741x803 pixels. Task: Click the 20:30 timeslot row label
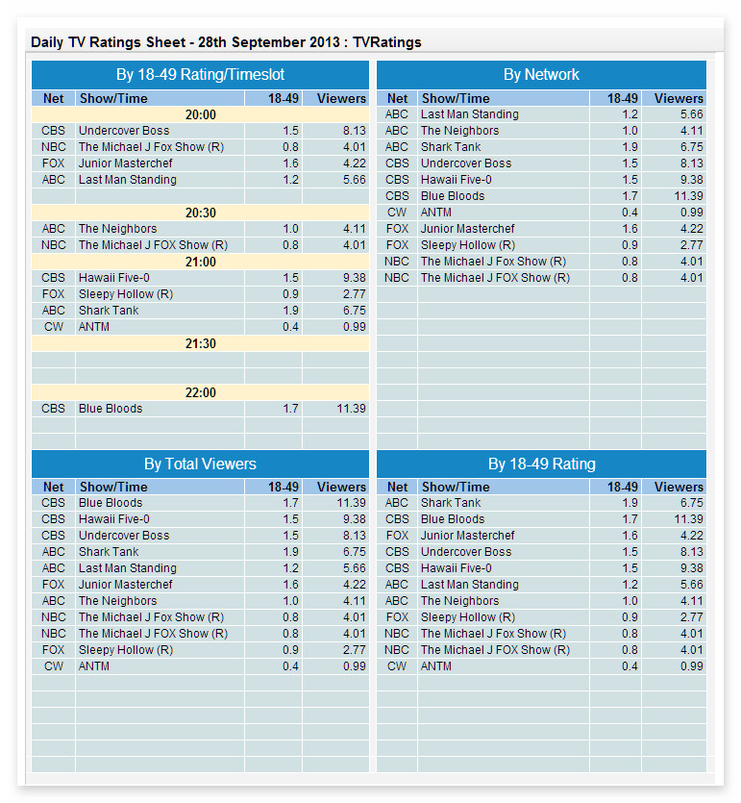(x=200, y=213)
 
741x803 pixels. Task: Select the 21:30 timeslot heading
(x=200, y=343)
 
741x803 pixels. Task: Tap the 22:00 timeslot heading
(x=200, y=392)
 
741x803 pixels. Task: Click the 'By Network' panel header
(x=541, y=75)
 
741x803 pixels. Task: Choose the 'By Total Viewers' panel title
(x=200, y=464)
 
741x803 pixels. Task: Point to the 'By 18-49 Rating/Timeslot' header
(x=200, y=75)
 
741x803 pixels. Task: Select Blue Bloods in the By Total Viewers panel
(x=110, y=503)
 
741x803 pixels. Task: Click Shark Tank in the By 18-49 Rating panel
(x=451, y=503)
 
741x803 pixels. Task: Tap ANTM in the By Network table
(x=435, y=213)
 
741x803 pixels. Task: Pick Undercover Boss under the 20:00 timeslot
(x=123, y=131)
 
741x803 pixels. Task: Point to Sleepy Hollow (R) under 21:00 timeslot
(x=125, y=294)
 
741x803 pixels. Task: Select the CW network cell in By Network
(x=397, y=213)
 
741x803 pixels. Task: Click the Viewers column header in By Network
(x=679, y=98)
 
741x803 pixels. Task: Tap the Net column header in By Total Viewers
(x=54, y=487)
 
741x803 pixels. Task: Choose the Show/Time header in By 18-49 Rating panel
(x=456, y=487)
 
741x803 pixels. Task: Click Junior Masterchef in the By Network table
(x=467, y=229)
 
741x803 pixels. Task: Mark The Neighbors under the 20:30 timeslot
(x=117, y=229)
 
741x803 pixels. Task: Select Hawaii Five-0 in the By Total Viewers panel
(x=113, y=519)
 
